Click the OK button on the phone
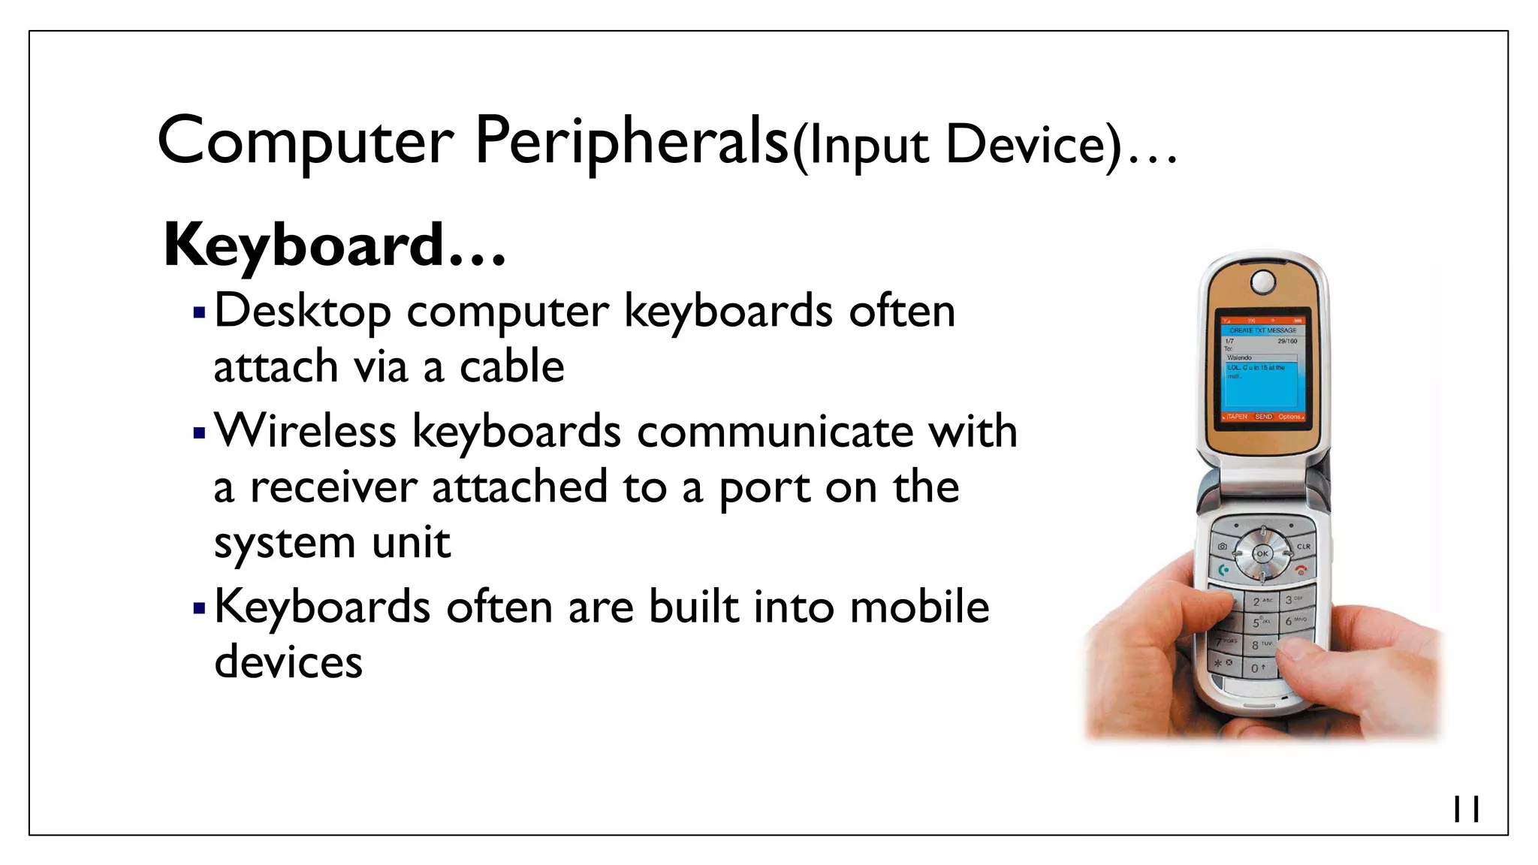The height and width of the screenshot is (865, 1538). click(x=1262, y=554)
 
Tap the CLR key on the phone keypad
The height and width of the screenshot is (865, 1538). click(x=1303, y=546)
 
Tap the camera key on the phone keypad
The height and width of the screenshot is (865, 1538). click(x=1223, y=546)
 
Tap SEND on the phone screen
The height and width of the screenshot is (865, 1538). click(x=1263, y=416)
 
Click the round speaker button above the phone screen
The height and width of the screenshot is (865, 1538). click(x=1262, y=282)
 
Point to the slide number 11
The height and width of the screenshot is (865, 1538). click(x=1466, y=809)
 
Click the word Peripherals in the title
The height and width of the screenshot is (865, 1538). click(x=632, y=141)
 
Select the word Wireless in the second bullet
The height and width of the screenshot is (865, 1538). click(x=306, y=432)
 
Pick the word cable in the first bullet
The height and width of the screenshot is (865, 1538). click(x=511, y=367)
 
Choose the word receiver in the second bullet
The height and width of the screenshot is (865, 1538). click(x=333, y=487)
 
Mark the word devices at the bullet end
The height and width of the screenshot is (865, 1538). click(x=288, y=662)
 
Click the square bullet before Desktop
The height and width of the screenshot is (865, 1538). click(x=199, y=312)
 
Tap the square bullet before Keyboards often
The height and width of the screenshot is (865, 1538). click(x=199, y=607)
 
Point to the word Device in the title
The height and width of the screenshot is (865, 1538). click(x=1033, y=144)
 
